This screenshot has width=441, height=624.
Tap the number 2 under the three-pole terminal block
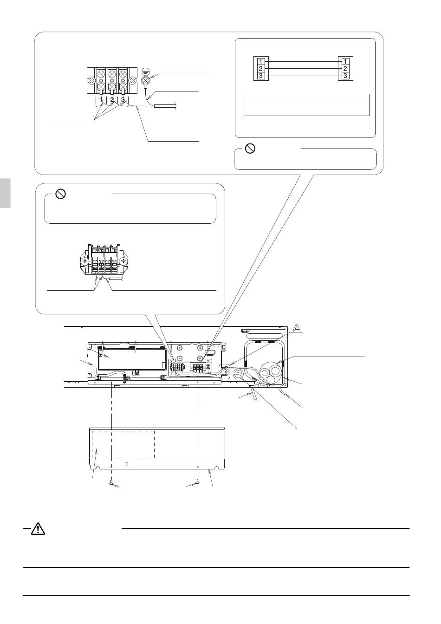[x=112, y=100]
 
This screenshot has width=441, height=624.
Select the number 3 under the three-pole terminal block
[x=123, y=100]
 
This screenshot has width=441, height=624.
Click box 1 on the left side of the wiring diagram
[x=260, y=61]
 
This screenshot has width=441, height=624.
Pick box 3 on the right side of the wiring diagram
[x=345, y=76]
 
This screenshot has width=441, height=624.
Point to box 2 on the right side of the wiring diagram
[x=345, y=69]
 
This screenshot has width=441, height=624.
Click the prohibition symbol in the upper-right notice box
[x=250, y=149]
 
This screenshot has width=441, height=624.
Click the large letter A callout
[x=297, y=328]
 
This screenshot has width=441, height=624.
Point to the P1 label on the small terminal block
[x=94, y=250]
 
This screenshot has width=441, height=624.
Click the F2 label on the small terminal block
[x=114, y=250]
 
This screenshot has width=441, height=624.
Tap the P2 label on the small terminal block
[x=101, y=250]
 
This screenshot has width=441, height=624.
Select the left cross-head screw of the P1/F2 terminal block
[x=84, y=261]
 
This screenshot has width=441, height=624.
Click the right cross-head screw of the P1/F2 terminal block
[x=123, y=261]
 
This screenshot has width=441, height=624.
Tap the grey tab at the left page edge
[x=5, y=193]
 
